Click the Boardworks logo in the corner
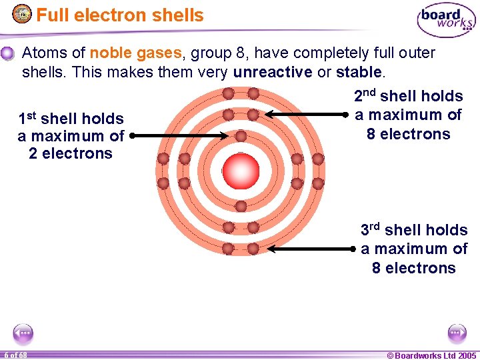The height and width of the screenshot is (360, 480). click(x=446, y=21)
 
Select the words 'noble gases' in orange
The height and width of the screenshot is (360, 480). click(x=135, y=53)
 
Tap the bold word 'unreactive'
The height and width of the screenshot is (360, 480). click(x=272, y=72)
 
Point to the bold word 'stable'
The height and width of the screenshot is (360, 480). click(x=359, y=72)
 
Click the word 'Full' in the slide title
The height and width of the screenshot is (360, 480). click(x=54, y=15)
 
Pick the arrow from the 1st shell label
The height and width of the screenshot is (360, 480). click(x=180, y=136)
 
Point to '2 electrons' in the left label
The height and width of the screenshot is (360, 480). click(x=71, y=154)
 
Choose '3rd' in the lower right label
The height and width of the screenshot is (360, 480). click(x=370, y=230)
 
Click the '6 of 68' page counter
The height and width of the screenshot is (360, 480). click(x=14, y=355)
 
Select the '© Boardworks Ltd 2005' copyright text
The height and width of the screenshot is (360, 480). click(x=431, y=355)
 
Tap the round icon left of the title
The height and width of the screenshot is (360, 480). click(x=22, y=14)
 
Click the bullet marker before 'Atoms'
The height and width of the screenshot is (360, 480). click(x=7, y=53)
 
